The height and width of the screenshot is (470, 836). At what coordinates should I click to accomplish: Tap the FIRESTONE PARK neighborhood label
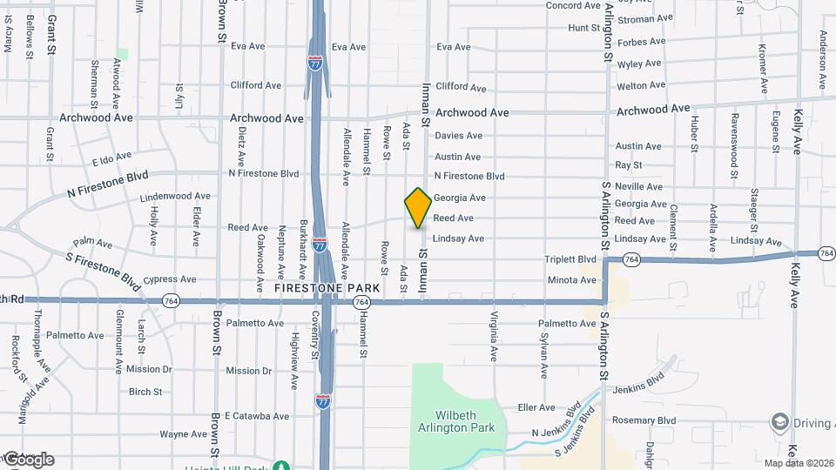(327, 287)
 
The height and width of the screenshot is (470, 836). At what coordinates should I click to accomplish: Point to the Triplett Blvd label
(570, 259)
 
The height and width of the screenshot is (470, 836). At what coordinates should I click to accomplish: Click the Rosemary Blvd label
(645, 420)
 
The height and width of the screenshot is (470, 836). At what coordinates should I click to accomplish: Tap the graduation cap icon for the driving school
(779, 423)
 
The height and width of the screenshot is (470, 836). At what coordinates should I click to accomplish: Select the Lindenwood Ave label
(175, 197)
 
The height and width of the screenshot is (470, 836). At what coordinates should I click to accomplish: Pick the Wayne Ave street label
(183, 434)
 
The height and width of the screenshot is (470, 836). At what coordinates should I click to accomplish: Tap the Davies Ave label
(458, 136)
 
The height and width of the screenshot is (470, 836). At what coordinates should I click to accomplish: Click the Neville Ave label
(638, 187)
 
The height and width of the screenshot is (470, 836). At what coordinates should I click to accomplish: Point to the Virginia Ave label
(493, 337)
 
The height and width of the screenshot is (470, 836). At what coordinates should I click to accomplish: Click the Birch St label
(145, 392)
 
